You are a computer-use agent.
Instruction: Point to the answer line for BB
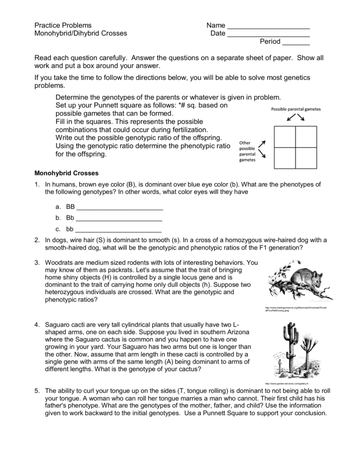coord(120,209)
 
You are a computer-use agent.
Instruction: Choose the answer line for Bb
coord(119,219)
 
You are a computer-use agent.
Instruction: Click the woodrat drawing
coord(297,281)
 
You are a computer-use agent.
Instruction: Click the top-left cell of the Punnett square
coord(285,137)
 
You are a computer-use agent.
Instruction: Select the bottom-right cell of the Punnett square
coord(306,158)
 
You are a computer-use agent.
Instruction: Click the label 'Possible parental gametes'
coord(296,109)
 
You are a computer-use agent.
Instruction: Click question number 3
coord(37,263)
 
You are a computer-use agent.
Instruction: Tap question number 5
coord(37,391)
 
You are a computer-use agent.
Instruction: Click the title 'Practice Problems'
coord(62,25)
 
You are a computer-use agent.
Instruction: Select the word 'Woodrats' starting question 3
coord(59,263)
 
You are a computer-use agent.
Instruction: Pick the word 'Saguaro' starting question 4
coord(57,324)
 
